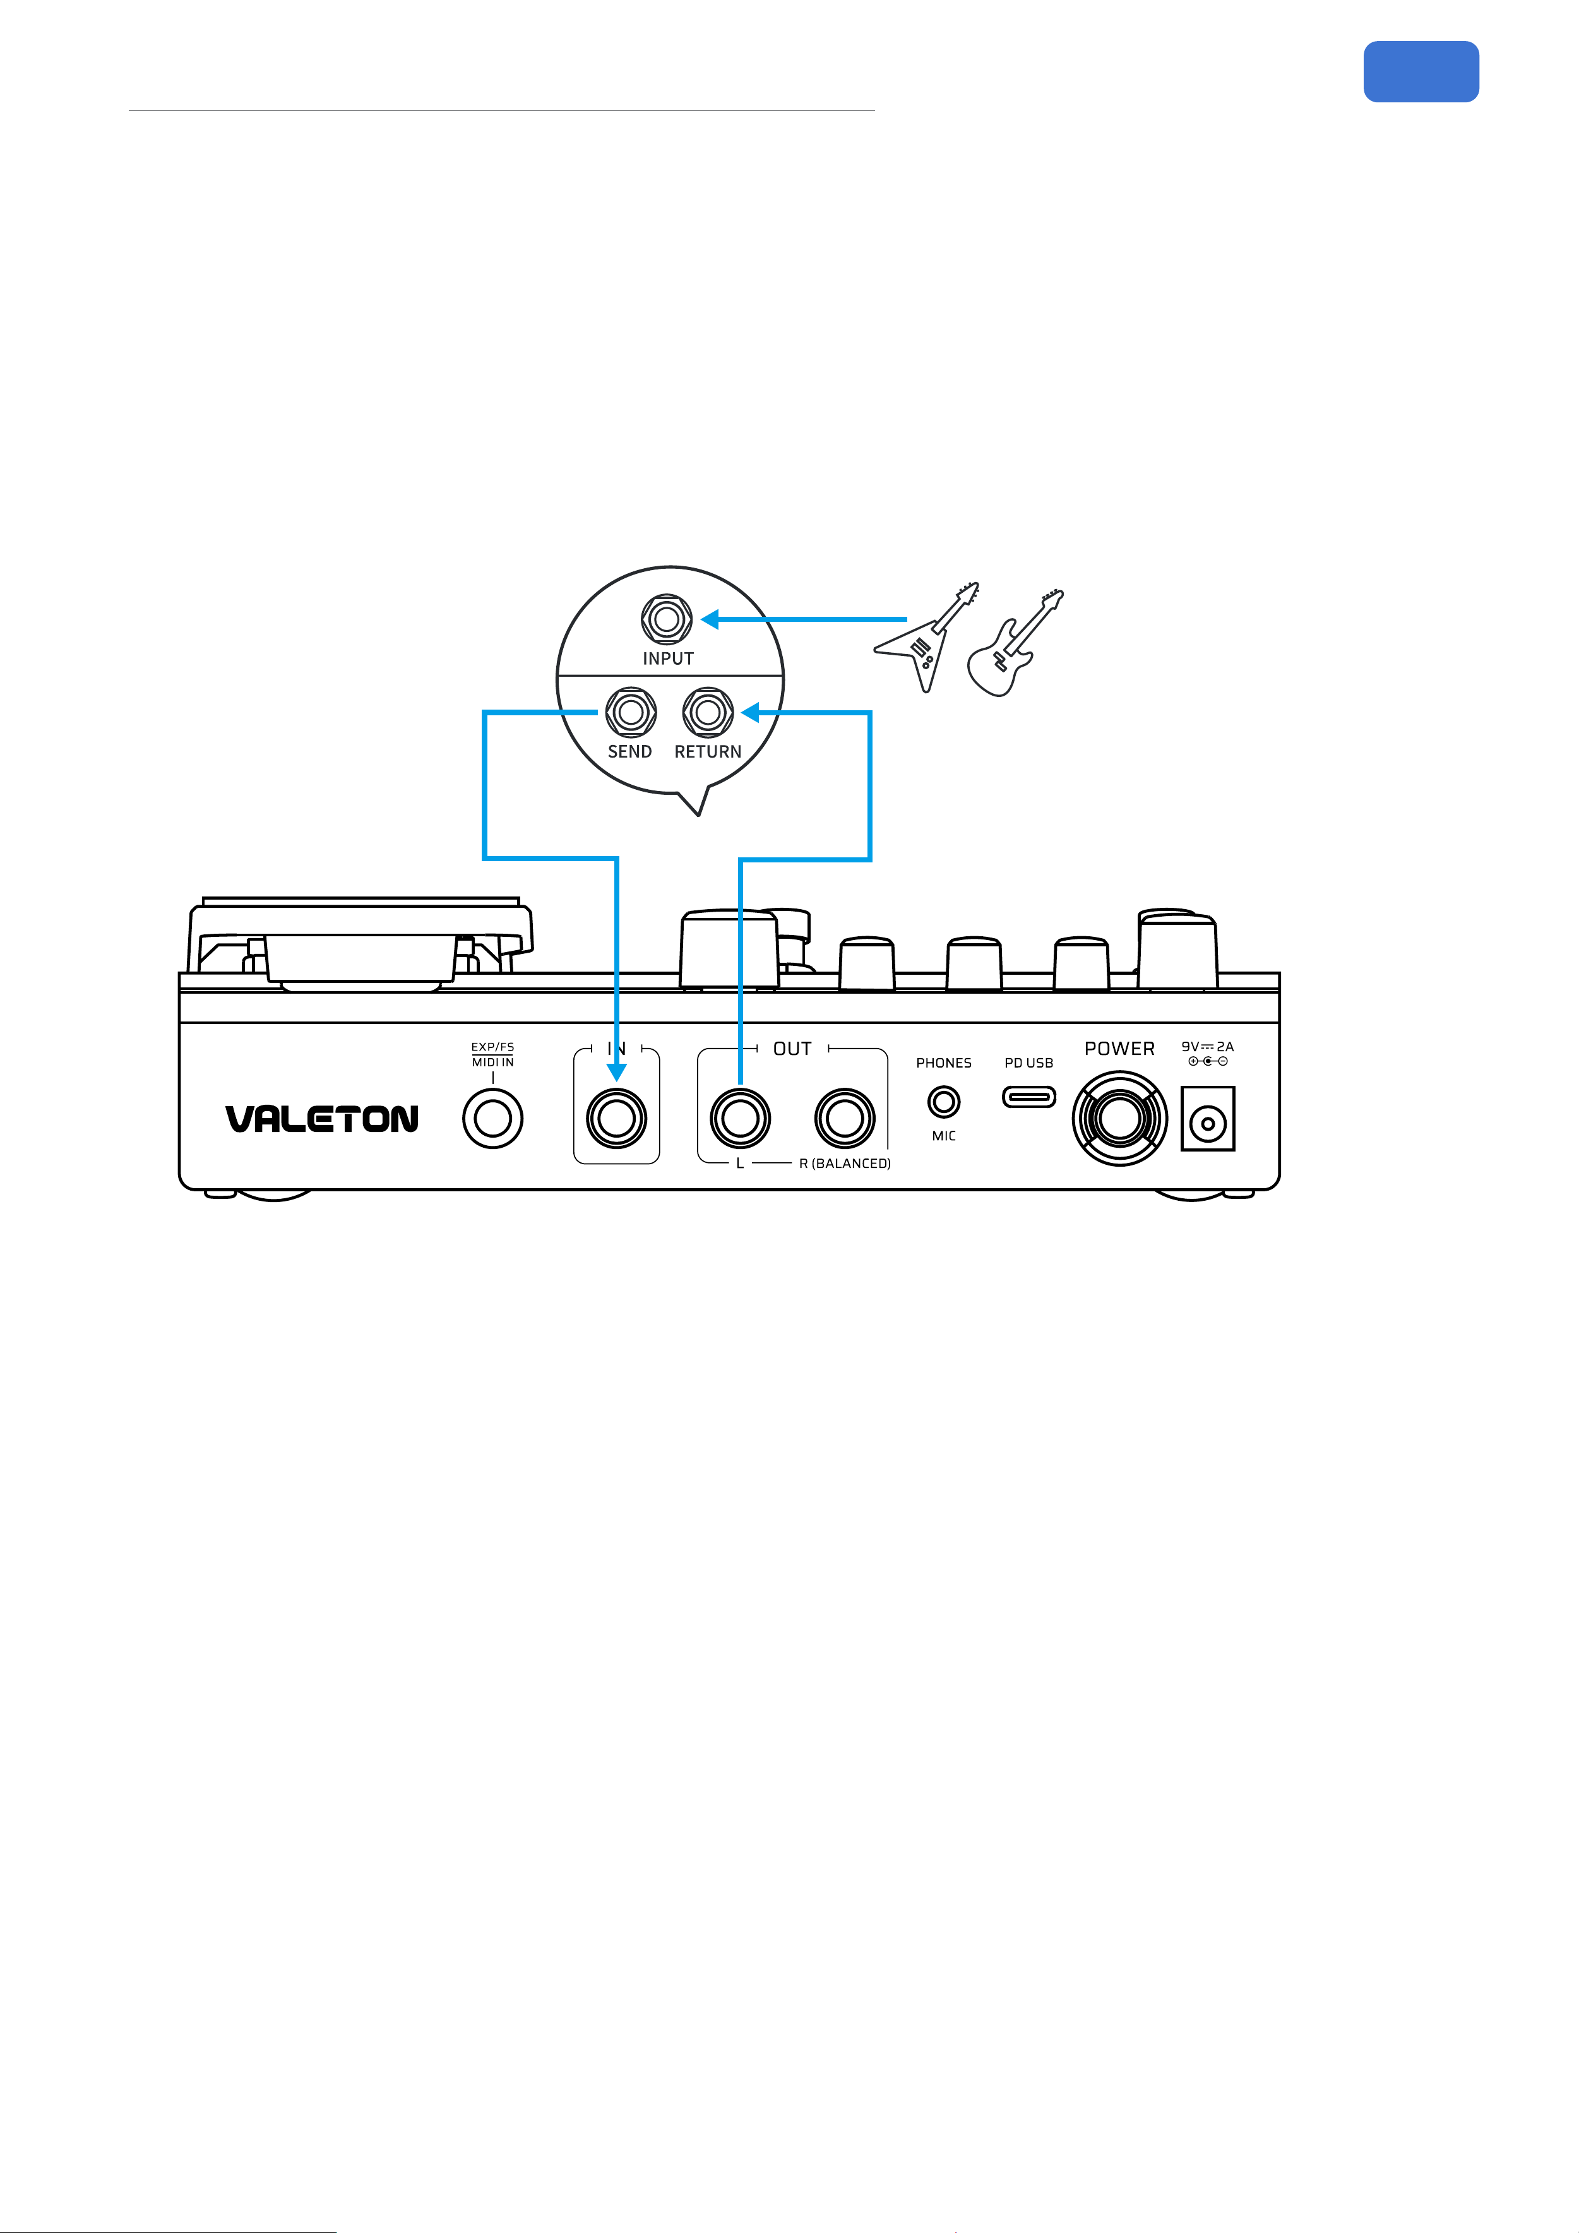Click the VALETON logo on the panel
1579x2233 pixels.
click(x=322, y=1119)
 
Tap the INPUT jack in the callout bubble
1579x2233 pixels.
click(x=667, y=619)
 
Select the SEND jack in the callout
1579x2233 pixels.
click(x=631, y=713)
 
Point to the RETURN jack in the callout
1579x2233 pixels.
click(x=708, y=713)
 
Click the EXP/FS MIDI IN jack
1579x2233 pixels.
click(x=493, y=1119)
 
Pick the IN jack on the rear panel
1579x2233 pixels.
click(x=617, y=1119)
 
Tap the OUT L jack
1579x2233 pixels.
click(x=741, y=1119)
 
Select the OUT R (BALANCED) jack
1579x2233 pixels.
click(x=845, y=1119)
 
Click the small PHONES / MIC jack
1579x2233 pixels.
click(x=944, y=1102)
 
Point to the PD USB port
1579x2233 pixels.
click(x=1029, y=1098)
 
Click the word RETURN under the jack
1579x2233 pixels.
click(x=708, y=752)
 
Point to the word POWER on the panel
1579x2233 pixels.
click(x=1120, y=1049)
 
